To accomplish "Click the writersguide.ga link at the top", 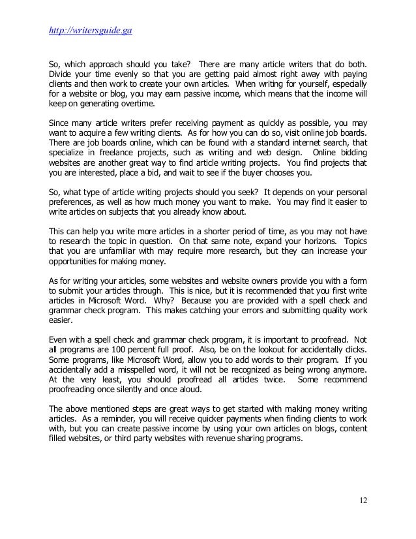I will tap(91, 30).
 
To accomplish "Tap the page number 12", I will tap(363, 501).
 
